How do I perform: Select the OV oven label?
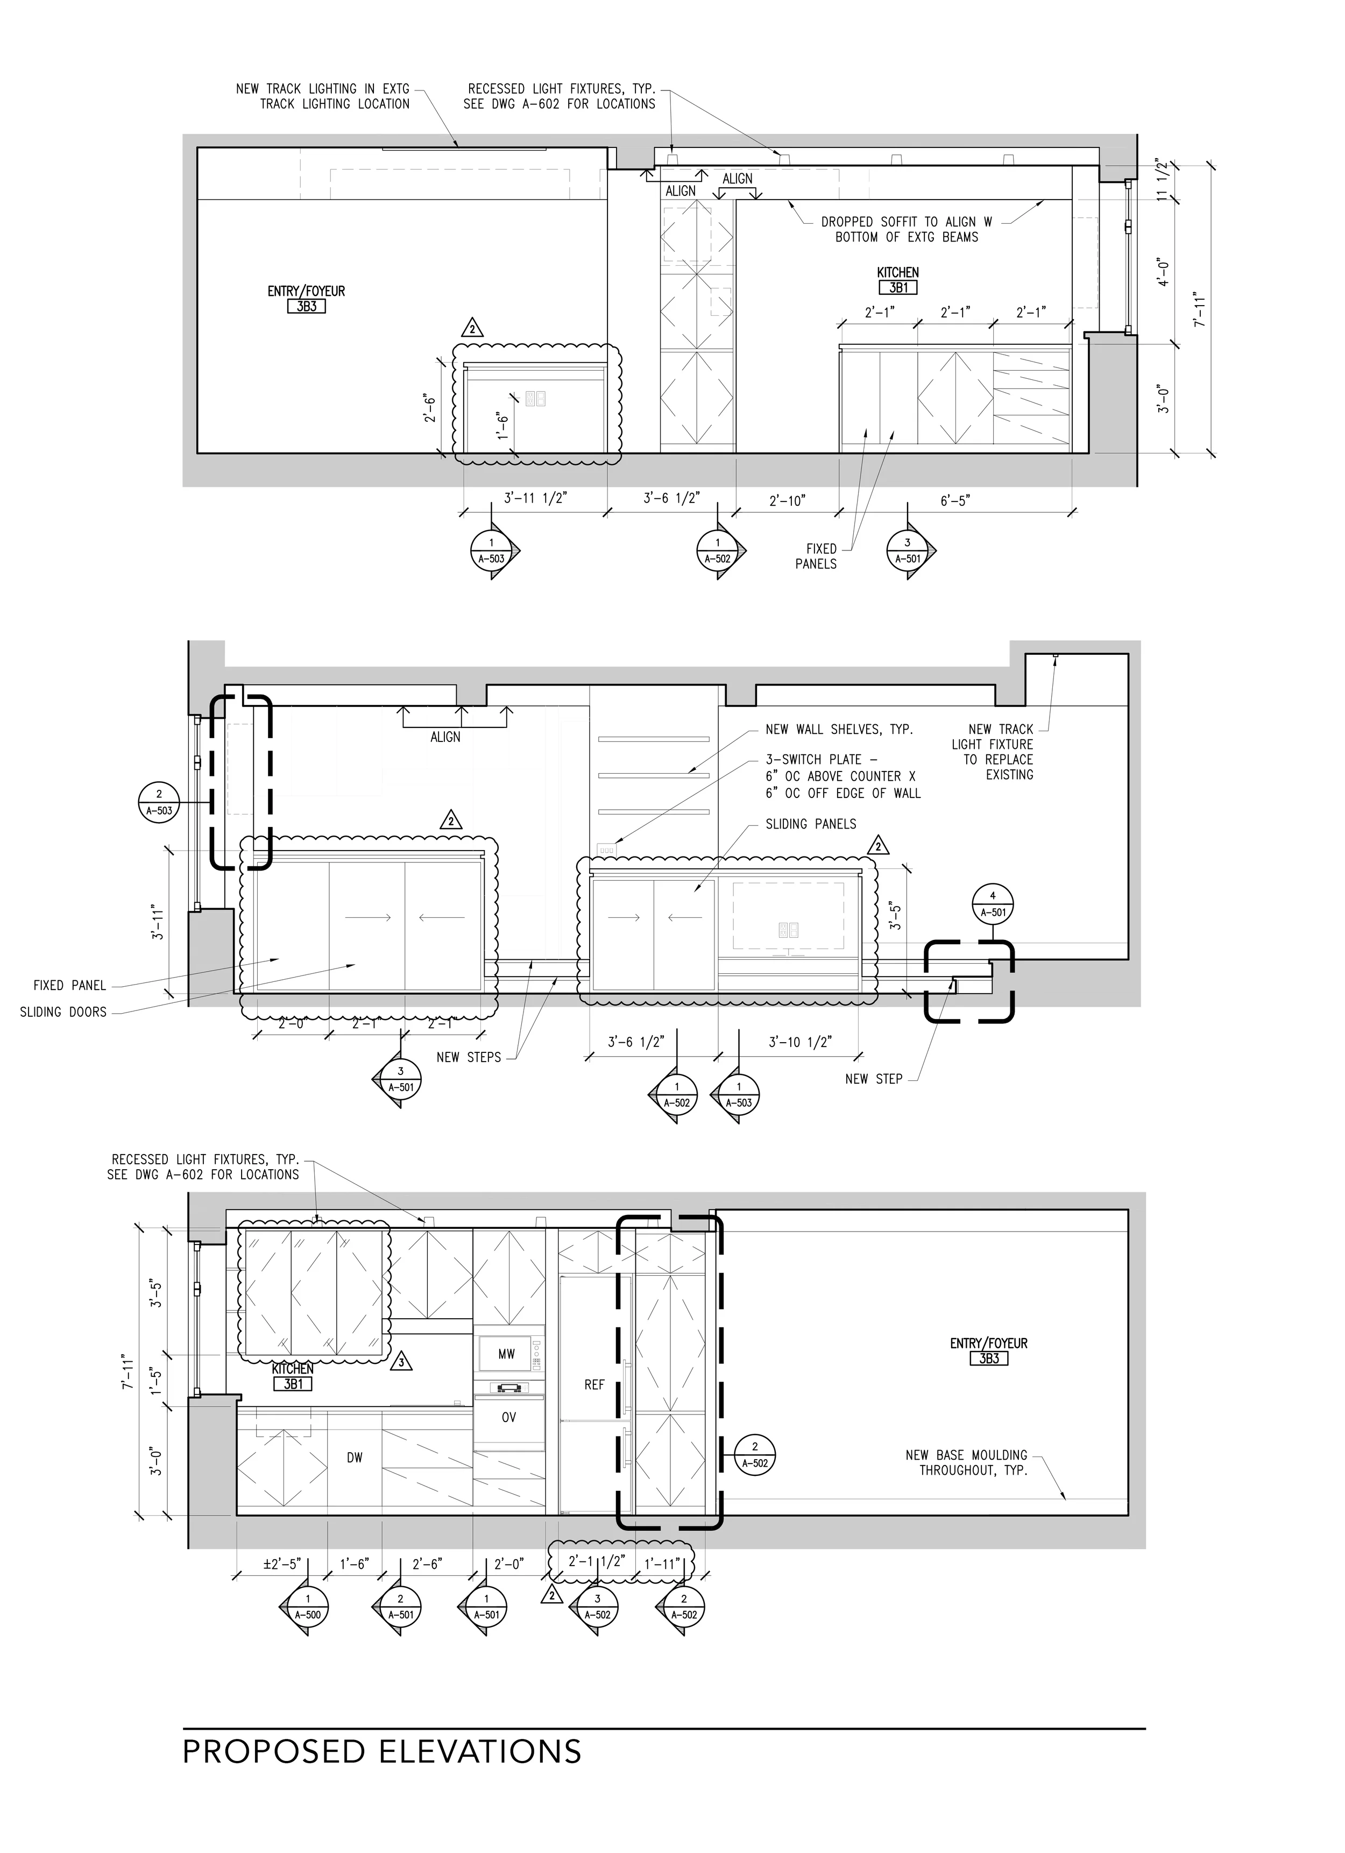point(508,1418)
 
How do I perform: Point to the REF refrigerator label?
point(594,1385)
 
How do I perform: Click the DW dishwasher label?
point(354,1458)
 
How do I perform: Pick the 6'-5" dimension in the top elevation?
point(954,500)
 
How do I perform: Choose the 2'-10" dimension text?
point(787,500)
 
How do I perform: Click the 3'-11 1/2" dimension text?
point(535,498)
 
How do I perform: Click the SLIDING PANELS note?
point(811,824)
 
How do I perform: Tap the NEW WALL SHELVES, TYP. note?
point(839,729)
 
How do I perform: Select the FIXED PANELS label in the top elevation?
point(816,556)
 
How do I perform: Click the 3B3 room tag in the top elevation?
point(307,306)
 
